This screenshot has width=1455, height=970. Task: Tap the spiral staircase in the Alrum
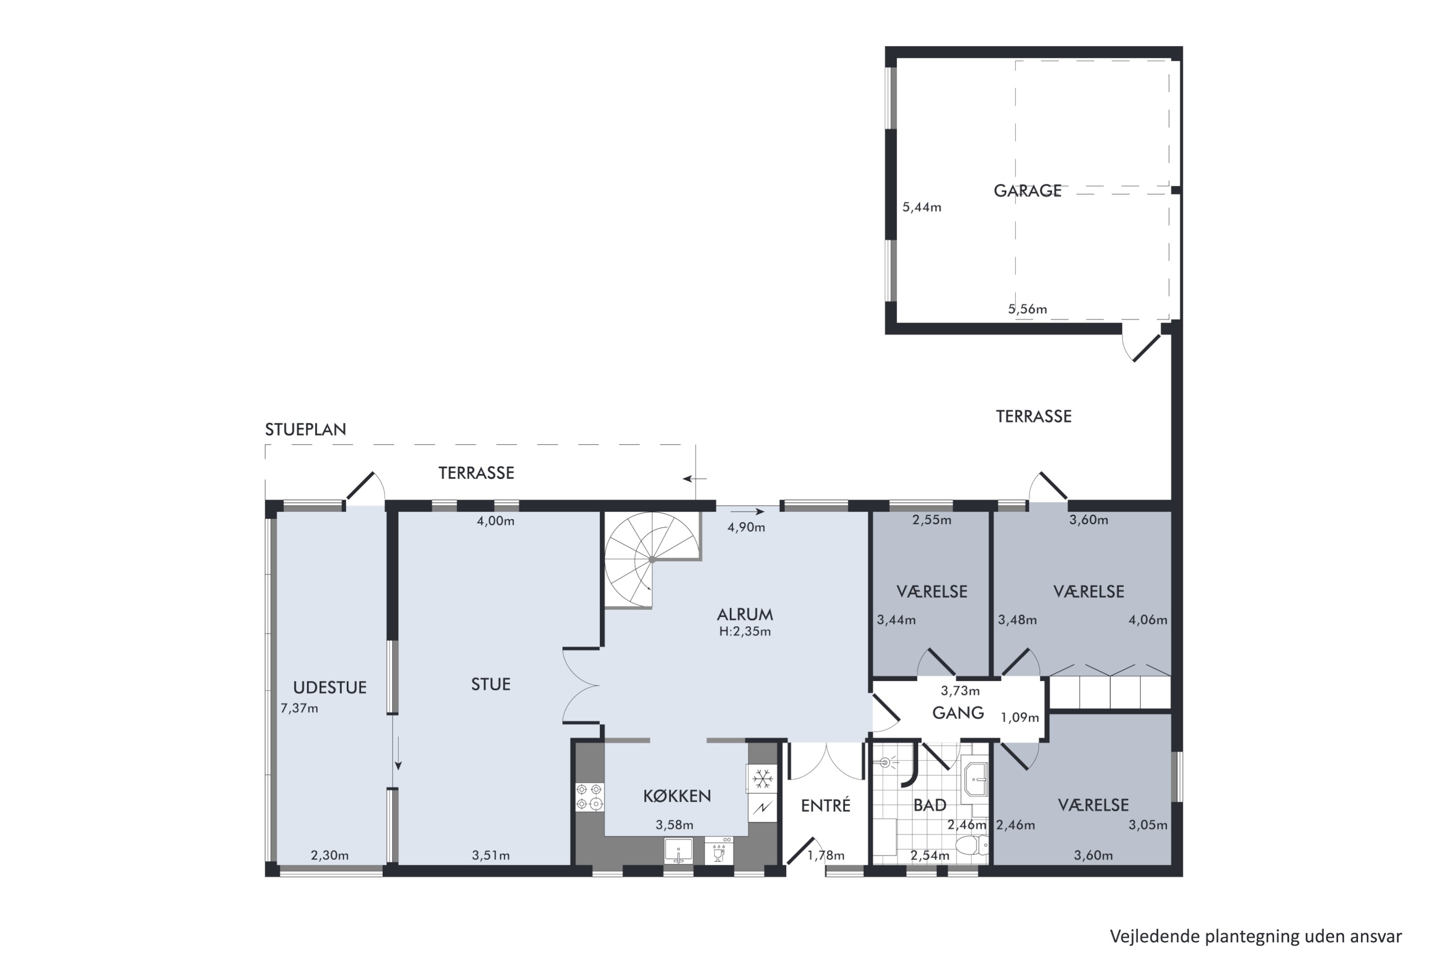652,560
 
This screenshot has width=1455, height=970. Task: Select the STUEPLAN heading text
306,429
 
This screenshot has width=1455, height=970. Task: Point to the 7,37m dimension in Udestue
299,708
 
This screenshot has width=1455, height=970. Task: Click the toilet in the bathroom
971,845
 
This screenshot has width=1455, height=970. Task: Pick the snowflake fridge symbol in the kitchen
762,779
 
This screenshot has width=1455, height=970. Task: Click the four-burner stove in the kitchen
589,796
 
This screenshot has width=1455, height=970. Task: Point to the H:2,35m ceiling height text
745,631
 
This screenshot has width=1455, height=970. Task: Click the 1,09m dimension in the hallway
1020,718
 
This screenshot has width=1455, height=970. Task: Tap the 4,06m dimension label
1148,620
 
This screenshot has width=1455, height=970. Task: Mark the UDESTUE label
330,687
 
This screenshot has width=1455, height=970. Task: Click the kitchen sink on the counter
679,851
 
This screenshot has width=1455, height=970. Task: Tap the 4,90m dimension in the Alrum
746,527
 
